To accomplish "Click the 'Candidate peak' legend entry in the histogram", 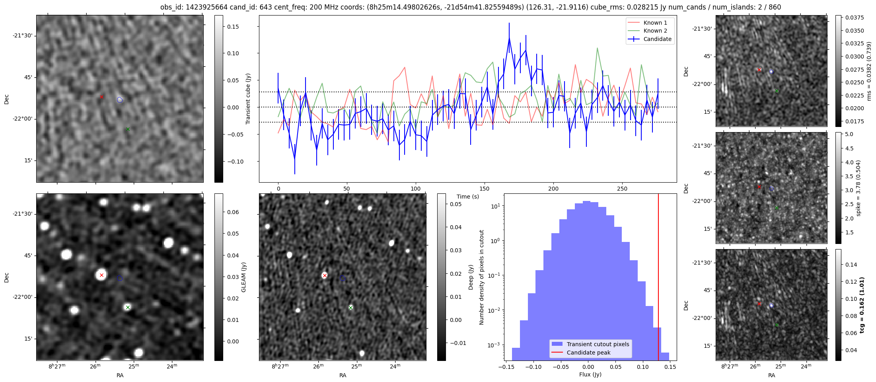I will click(x=588, y=353).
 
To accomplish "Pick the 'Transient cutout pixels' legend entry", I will click(x=598, y=344).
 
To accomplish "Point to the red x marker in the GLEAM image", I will click(x=101, y=275).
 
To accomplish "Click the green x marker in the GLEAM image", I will click(x=128, y=307).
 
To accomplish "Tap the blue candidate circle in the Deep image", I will click(x=343, y=278).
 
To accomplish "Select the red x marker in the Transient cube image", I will click(x=101, y=97).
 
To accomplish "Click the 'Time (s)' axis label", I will click(x=468, y=197).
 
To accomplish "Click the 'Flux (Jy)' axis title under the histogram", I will click(x=590, y=374).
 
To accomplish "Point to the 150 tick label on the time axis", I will click(x=485, y=189).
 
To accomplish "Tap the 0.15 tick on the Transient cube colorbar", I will click(x=233, y=27).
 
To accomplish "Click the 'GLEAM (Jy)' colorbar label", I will click(x=243, y=277).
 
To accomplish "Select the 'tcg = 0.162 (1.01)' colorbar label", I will click(x=862, y=305).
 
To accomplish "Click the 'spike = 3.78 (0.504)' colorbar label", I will click(x=858, y=188).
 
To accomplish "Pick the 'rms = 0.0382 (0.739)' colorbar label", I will click(x=869, y=71).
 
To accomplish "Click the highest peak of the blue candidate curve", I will click(x=509, y=38).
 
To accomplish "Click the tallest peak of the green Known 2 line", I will click(x=597, y=48).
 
